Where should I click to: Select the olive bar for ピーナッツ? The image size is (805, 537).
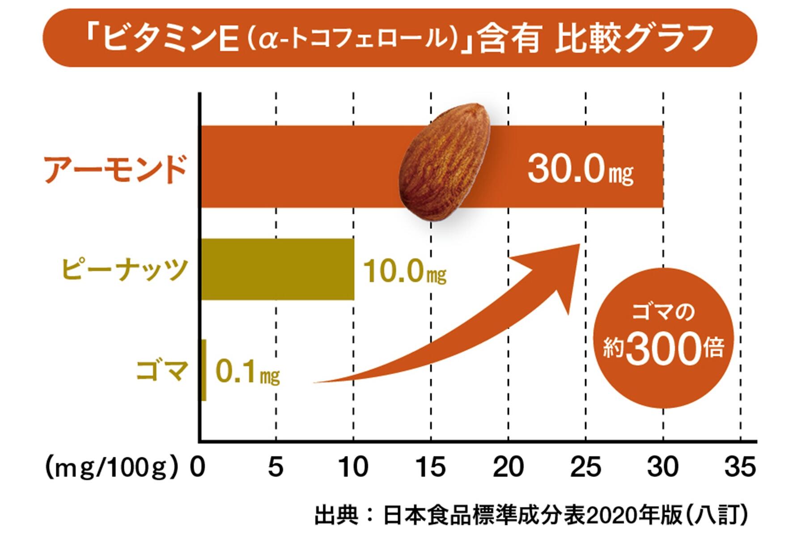click(277, 269)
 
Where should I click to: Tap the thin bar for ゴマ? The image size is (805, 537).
click(204, 370)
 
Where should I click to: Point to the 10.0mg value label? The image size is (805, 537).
click(404, 272)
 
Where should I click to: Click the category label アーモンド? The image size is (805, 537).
click(115, 170)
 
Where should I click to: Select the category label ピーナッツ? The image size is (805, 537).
click(124, 269)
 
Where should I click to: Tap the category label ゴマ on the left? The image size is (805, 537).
click(160, 371)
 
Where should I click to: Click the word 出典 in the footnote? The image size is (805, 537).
click(336, 516)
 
